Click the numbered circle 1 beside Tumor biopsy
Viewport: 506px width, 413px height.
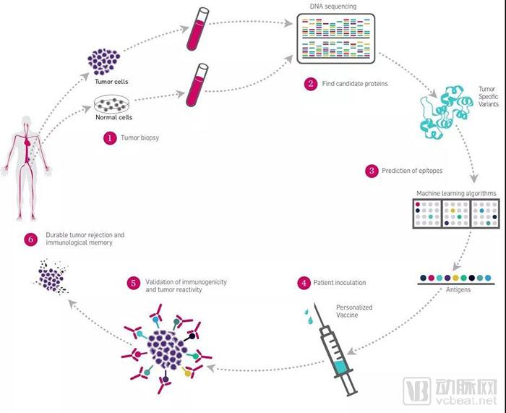tap(110, 137)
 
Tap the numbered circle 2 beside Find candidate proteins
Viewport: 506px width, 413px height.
tap(311, 84)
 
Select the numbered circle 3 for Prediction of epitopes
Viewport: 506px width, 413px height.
tap(372, 171)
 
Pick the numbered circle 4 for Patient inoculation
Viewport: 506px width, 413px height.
tap(305, 283)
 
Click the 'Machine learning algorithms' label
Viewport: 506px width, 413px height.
tap(456, 194)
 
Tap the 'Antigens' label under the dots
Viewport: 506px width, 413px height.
tap(456, 289)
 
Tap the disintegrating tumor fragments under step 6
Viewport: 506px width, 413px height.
tap(52, 276)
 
